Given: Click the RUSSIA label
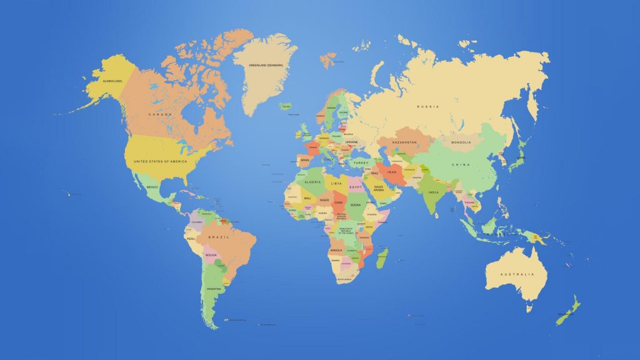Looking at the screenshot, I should coord(428,107).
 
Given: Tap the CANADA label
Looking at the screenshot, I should coord(160,114).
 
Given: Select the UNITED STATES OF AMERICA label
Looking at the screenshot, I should coord(160,161).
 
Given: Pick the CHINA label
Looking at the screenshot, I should coord(461,164).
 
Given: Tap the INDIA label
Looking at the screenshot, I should coord(433,192).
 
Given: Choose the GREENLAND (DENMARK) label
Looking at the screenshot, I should coord(266,65).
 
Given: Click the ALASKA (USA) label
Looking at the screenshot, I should coord(107,81).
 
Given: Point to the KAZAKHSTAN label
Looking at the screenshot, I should coord(404,142).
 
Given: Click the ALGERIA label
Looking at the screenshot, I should coord(312,182).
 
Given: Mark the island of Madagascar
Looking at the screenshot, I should coord(382,256).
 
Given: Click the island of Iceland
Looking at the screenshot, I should coord(286,106).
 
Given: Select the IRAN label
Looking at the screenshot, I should coord(392,172).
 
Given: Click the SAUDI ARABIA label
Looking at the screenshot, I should coord(379,189).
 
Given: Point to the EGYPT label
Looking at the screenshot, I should coord(356,187).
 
